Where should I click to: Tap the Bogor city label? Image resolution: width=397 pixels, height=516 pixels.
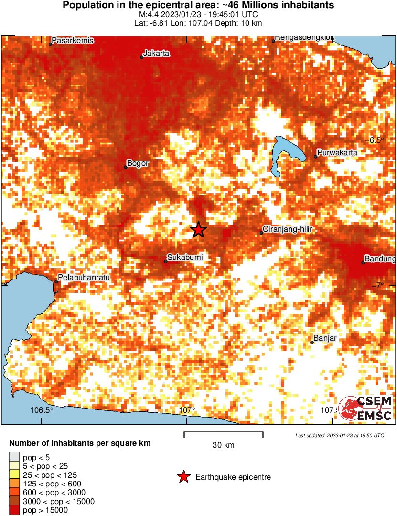click(138, 163)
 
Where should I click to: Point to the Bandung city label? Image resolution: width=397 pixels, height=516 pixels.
click(380, 259)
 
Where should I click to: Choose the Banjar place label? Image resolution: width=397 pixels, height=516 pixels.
click(325, 338)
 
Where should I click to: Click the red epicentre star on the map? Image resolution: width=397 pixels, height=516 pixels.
click(198, 230)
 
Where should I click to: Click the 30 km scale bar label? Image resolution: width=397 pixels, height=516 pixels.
click(223, 445)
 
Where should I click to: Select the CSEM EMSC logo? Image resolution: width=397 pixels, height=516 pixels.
click(365, 408)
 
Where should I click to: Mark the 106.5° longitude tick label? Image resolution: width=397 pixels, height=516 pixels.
click(42, 410)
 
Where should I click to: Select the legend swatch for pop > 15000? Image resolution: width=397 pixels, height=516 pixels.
click(15, 510)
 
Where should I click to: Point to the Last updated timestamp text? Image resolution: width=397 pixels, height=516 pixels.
click(339, 435)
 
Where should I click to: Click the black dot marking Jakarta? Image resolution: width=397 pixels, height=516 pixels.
click(142, 57)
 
